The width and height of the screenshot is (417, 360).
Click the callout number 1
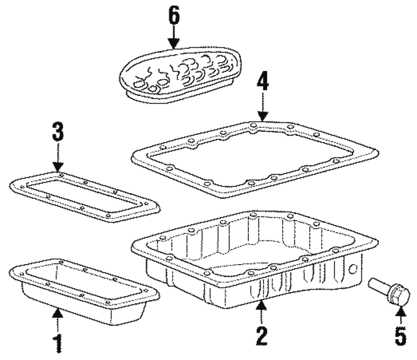coord(58,343)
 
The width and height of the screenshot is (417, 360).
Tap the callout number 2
coord(261,336)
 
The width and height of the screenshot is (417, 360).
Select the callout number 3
coord(58,132)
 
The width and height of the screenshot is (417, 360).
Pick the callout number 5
coord(401,336)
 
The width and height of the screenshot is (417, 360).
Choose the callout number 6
coord(174,15)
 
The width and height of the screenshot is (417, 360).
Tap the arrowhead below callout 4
coord(263,116)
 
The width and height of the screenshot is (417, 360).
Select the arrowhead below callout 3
coord(58,167)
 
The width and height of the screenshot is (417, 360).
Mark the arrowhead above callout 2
coord(262,305)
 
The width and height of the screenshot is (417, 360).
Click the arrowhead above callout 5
coord(401,310)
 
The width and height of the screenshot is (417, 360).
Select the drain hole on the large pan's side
coord(352,269)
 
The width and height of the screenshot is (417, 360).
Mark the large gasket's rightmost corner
coord(378,154)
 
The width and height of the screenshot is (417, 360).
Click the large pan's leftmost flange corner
coord(133,248)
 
